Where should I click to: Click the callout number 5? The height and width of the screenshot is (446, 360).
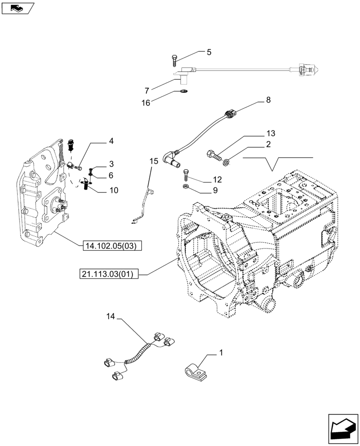(x=209, y=52)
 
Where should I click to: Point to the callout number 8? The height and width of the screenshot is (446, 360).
(x=268, y=100)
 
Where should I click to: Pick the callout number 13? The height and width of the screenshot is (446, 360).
(x=270, y=133)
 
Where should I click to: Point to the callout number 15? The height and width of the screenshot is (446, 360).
(x=154, y=161)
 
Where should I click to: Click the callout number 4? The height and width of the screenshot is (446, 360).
(x=111, y=141)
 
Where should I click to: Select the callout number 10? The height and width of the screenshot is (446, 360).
(x=113, y=190)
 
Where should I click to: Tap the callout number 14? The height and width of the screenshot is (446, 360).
(x=110, y=317)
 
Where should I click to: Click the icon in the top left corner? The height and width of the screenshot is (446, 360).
(x=17, y=7)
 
